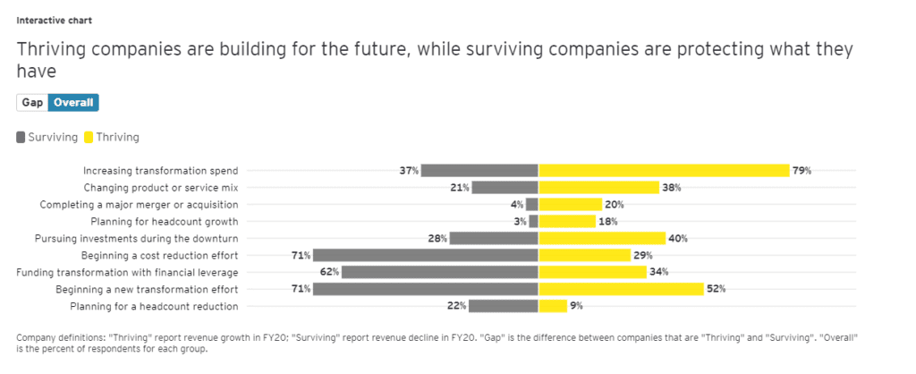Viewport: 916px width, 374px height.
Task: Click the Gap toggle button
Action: [32, 103]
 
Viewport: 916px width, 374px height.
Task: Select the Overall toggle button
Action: [73, 103]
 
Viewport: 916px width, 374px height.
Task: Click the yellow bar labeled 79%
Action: [664, 170]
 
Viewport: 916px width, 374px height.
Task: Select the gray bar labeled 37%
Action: [479, 170]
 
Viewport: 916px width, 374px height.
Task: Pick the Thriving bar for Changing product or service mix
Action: [598, 187]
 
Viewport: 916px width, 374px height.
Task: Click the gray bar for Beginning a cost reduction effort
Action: [426, 255]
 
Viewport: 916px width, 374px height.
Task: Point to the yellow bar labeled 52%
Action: [621, 289]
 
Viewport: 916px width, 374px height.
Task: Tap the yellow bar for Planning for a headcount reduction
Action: [553, 306]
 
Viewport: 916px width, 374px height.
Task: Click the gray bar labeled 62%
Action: [439, 272]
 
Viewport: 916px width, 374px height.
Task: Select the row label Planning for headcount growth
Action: [165, 221]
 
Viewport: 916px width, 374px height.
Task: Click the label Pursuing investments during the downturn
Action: [136, 238]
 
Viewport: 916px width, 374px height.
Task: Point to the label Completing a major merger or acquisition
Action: [139, 204]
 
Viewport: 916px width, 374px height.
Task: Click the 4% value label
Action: [517, 204]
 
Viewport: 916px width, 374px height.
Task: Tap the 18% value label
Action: [608, 221]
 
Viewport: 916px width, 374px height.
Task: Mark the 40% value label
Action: [679, 238]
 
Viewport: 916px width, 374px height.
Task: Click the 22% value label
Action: [456, 306]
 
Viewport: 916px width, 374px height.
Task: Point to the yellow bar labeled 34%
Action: [581, 272]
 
